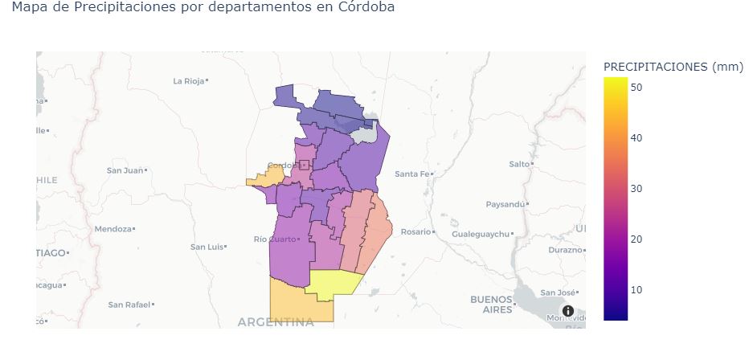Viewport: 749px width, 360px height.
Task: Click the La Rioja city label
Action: point(189,81)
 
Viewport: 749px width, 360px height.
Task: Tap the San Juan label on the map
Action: point(125,170)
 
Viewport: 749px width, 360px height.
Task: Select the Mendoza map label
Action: point(113,229)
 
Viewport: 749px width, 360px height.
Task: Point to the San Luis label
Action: point(206,247)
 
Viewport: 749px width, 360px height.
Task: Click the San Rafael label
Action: point(129,305)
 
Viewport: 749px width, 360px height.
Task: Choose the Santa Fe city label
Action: point(413,174)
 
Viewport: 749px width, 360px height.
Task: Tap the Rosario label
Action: point(416,232)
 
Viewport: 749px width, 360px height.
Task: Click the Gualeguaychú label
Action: point(481,234)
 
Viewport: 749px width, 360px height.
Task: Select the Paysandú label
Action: point(505,204)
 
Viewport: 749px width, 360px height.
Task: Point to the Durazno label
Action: point(565,250)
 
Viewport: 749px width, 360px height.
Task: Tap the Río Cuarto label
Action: point(274,239)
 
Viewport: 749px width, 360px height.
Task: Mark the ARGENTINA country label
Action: point(276,322)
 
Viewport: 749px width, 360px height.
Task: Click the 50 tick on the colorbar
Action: point(635,87)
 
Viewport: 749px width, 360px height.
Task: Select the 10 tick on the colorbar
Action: point(635,289)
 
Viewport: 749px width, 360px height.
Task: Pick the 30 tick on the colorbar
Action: point(635,188)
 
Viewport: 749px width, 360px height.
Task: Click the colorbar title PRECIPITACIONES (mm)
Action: point(673,67)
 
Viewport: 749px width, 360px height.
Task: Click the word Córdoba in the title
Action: point(366,8)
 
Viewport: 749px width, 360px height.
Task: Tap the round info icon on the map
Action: point(567,311)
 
